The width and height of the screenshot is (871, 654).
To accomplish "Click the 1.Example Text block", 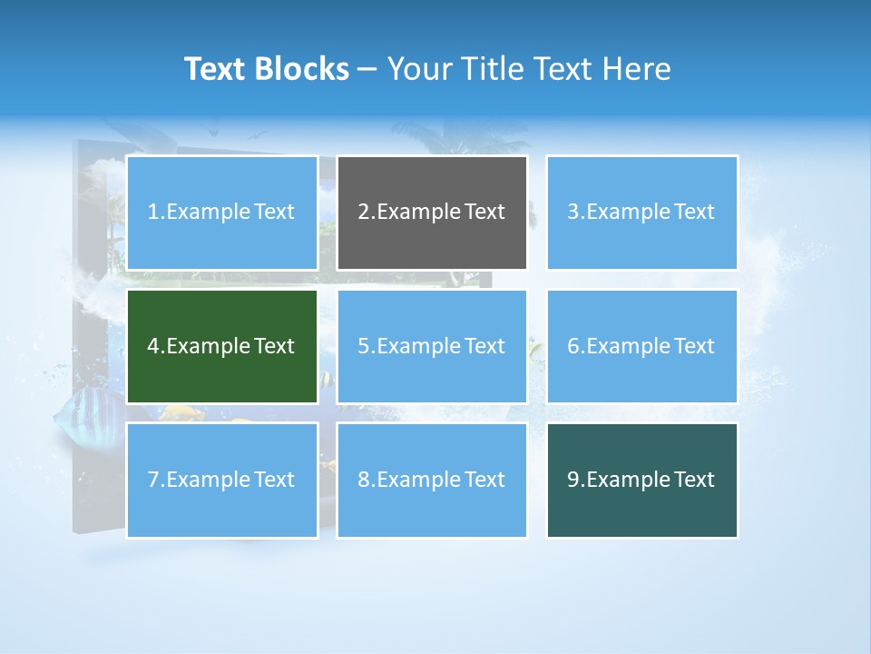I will click(x=221, y=213).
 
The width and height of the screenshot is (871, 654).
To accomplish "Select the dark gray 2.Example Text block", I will click(x=432, y=213).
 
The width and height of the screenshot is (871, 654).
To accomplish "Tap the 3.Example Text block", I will click(x=641, y=213).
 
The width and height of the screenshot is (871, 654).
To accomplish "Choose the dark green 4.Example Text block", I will click(x=221, y=346).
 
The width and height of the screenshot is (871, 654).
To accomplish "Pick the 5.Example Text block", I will click(x=432, y=346).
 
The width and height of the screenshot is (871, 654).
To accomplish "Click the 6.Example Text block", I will click(x=641, y=346).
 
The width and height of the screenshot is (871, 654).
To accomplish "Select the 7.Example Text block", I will click(x=221, y=480).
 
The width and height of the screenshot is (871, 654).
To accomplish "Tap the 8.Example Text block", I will click(x=432, y=480).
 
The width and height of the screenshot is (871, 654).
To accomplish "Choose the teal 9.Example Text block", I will click(x=641, y=480).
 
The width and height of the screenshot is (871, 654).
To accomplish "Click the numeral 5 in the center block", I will click(x=363, y=346).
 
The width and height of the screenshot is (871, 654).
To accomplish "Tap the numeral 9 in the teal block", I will click(x=573, y=480).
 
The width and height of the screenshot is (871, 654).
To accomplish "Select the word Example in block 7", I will click(x=208, y=480).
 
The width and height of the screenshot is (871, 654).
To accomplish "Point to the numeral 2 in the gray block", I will click(x=363, y=213).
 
